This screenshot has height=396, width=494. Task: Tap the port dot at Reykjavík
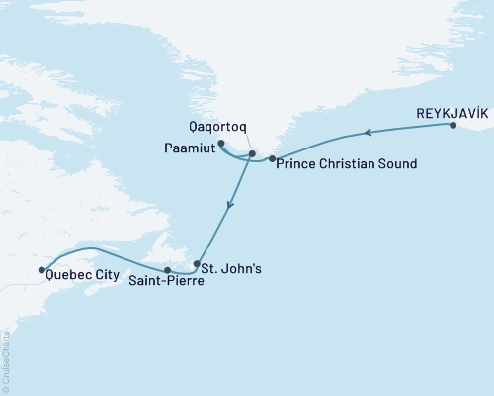[x=453, y=126]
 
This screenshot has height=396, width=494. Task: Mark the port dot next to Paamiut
[x=220, y=144]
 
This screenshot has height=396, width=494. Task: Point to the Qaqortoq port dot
[x=252, y=153]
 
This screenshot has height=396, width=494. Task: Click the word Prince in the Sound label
[x=297, y=162]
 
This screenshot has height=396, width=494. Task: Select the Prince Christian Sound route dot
[x=272, y=158]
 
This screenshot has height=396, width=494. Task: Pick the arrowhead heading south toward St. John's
[x=229, y=207]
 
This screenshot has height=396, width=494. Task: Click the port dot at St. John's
[x=198, y=264]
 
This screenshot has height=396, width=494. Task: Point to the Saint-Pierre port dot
[x=167, y=270]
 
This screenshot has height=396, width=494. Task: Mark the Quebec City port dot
[x=41, y=269]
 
